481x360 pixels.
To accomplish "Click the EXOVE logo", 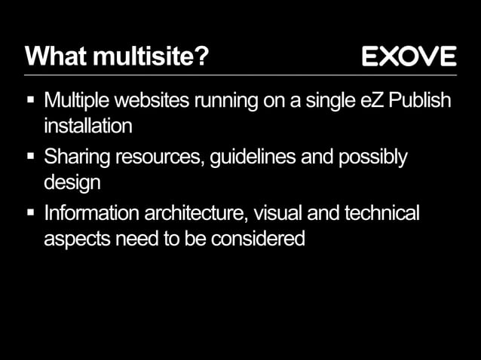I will coord(409,56).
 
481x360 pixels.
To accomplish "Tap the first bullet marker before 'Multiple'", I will coord(31,99).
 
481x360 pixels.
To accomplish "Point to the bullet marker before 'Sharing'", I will coord(31,157).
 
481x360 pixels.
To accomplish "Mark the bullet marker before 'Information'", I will coord(31,213).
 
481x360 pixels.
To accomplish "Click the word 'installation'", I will coord(87,125).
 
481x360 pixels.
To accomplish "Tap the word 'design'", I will coord(72,182).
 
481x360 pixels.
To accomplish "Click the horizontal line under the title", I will coord(240,75).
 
